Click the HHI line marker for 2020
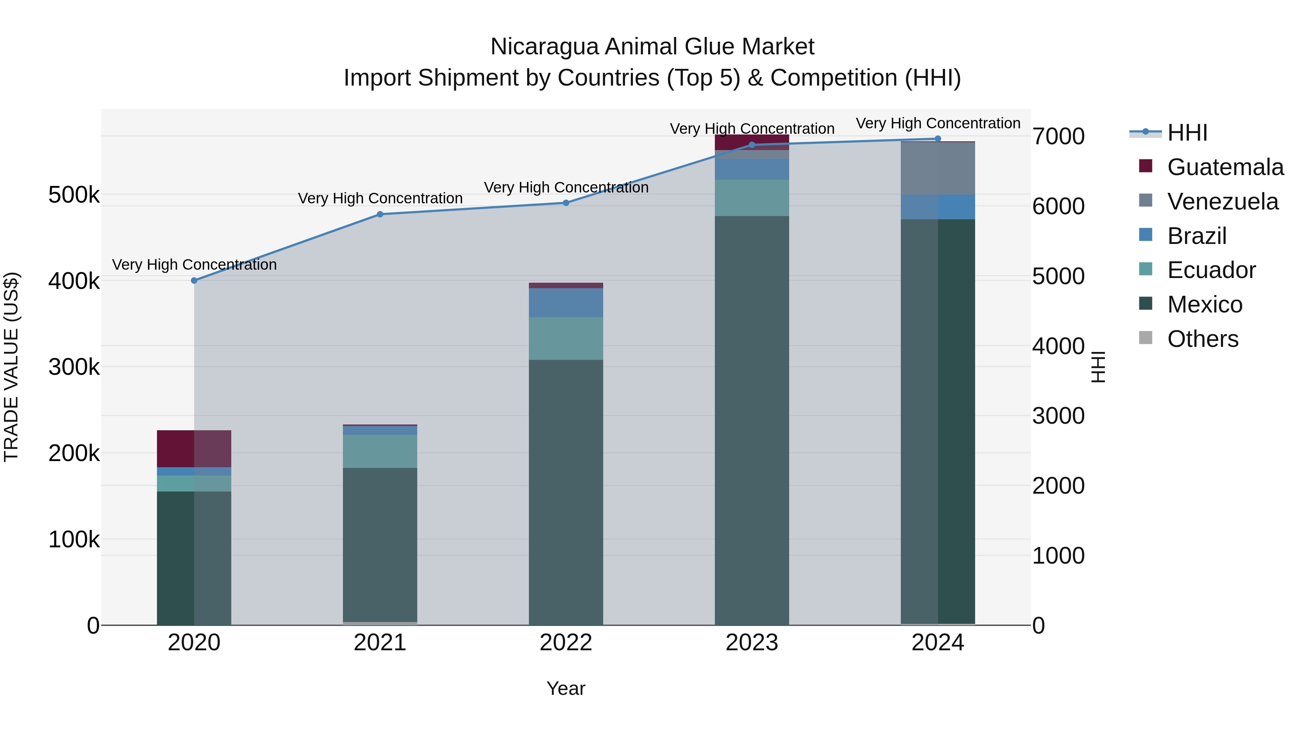click(194, 280)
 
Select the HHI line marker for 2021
click(380, 214)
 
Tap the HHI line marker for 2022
click(566, 203)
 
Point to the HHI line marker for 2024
click(938, 139)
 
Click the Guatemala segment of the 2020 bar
click(194, 448)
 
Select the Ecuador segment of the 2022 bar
click(566, 339)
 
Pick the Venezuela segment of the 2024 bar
click(938, 168)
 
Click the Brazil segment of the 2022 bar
click(566, 302)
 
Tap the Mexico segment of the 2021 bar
click(380, 544)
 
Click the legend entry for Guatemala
click(1225, 167)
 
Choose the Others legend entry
click(1203, 339)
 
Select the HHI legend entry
click(1187, 133)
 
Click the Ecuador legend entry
click(1211, 270)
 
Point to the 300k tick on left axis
click(74, 367)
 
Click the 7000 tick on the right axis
click(1058, 136)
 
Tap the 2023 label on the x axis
click(752, 643)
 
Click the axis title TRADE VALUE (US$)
click(11, 367)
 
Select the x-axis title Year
click(566, 688)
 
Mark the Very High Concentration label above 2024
click(938, 123)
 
